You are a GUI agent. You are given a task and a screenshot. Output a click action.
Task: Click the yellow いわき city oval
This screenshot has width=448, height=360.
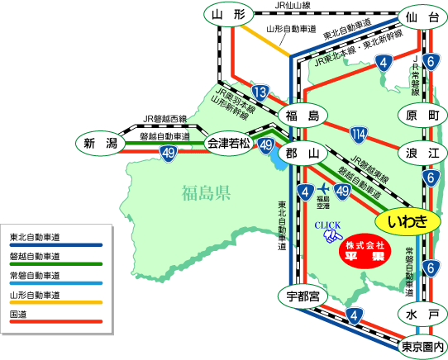pos(407,222)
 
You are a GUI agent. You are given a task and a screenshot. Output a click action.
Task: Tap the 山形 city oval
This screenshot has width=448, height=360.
pos(229,14)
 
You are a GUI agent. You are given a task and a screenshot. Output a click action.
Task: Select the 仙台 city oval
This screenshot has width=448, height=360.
pos(422,17)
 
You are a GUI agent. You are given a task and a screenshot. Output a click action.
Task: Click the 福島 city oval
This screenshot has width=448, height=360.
pos(303,116)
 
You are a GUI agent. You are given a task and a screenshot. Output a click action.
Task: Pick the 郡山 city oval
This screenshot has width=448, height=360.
pos(303,154)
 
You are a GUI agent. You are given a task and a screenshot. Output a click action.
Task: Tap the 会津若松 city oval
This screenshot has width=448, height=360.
pos(229,143)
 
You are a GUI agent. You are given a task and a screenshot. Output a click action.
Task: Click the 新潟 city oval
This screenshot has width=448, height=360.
pos(100,143)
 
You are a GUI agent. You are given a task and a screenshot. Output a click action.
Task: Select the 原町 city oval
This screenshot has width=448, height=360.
pos(422,115)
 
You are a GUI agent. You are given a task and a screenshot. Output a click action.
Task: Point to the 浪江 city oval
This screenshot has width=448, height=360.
pos(422,154)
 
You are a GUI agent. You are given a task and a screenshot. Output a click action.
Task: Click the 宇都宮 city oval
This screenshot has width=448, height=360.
pos(303,296)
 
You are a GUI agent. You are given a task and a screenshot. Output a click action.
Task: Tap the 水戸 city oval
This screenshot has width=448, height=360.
pos(422,315)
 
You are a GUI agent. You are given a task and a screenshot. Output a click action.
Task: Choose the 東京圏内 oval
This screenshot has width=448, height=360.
pos(422,347)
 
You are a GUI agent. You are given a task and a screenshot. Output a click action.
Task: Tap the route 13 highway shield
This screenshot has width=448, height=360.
pos(260,92)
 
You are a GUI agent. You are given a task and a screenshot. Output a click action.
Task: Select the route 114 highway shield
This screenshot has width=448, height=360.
pos(359,135)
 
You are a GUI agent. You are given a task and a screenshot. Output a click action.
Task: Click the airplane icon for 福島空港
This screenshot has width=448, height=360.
pos(323,188)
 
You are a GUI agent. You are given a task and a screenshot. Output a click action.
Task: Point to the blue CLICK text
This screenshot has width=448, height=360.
pos(327,225)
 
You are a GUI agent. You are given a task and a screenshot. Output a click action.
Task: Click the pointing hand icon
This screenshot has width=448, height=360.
pos(333,237)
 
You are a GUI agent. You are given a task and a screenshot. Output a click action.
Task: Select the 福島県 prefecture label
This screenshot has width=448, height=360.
pos(206,192)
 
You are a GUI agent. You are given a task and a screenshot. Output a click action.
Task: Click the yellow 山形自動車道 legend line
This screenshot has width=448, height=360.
pos(56,302)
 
